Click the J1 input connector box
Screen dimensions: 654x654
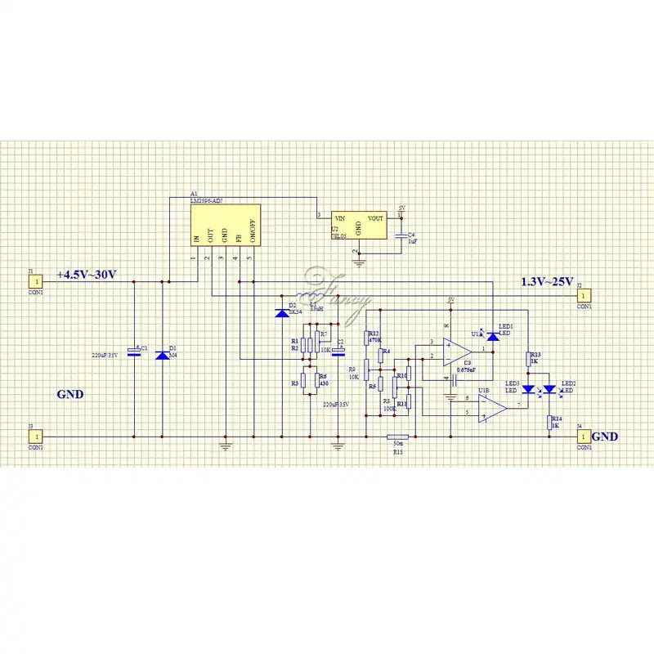pyautogui.click(x=36, y=281)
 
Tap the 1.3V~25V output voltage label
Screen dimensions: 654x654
pyautogui.click(x=547, y=282)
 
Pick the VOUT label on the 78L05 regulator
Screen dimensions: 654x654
pyautogui.click(x=375, y=219)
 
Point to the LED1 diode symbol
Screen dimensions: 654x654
pyautogui.click(x=493, y=335)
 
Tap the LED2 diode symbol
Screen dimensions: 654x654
pyautogui.click(x=551, y=389)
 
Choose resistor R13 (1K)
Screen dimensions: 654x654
pyautogui.click(x=528, y=359)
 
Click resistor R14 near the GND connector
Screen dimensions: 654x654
pyautogui.click(x=552, y=422)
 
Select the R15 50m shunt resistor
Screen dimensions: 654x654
pyautogui.click(x=397, y=437)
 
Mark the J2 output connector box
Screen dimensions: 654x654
pyautogui.click(x=584, y=296)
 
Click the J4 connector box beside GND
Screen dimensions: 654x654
pyautogui.click(x=583, y=437)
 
